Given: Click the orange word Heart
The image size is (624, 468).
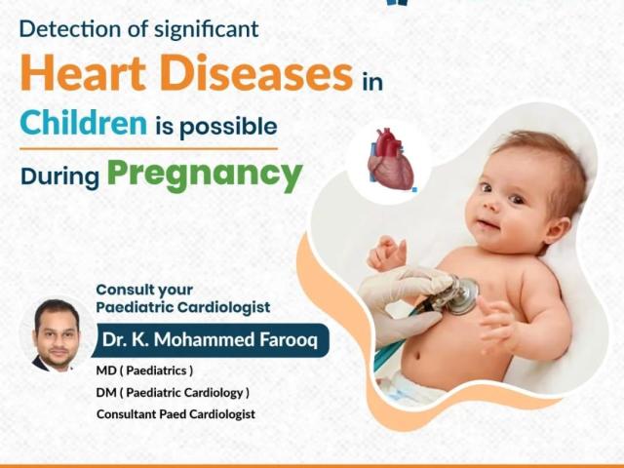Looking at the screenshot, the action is point(83,72).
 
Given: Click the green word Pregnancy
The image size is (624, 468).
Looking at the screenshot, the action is point(205,174).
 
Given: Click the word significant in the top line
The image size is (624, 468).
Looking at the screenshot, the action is point(206,30).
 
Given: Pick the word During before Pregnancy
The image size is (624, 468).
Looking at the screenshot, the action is point(59,175).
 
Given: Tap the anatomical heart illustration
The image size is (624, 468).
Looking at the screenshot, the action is point(390,159).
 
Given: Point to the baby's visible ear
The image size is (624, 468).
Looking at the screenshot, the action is point(558,230).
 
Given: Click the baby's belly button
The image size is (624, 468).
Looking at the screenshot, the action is point(416,355).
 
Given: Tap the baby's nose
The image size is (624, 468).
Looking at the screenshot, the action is point(492,205).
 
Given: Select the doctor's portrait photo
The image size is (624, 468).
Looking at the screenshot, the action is point(57,335).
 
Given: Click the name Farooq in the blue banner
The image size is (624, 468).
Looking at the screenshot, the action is point(289,340).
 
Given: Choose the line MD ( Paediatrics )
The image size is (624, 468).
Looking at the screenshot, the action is point(144,370).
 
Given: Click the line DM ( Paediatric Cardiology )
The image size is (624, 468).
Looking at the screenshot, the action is point(173,392).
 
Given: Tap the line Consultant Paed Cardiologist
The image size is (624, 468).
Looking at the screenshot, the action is point(175,413).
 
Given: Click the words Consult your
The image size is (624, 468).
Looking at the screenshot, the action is point(144,291).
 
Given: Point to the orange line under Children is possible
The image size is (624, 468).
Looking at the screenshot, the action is point(148,149).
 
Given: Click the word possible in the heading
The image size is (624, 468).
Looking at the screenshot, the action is point(228,128).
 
